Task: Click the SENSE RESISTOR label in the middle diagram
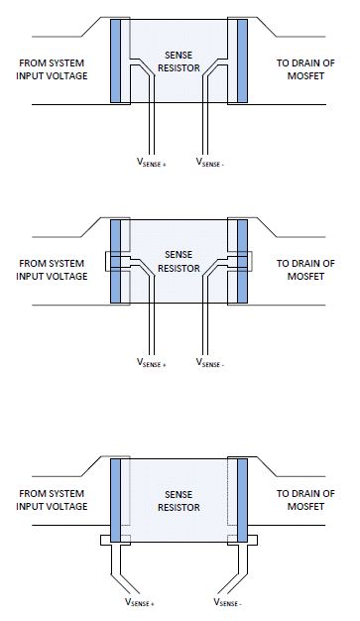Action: point(179,261)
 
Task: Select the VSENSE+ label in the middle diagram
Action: point(151,364)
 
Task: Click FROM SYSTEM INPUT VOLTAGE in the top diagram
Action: point(52,69)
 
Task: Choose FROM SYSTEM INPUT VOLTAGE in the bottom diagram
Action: point(53,499)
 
